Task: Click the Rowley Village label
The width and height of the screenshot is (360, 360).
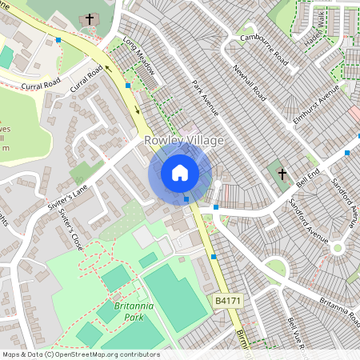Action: [184, 141]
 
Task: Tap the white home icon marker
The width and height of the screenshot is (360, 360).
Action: [180, 173]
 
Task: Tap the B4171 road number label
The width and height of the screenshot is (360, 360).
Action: [228, 300]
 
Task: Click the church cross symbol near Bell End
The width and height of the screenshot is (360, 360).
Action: [281, 174]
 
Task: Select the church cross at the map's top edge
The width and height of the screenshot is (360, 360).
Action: [88, 18]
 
